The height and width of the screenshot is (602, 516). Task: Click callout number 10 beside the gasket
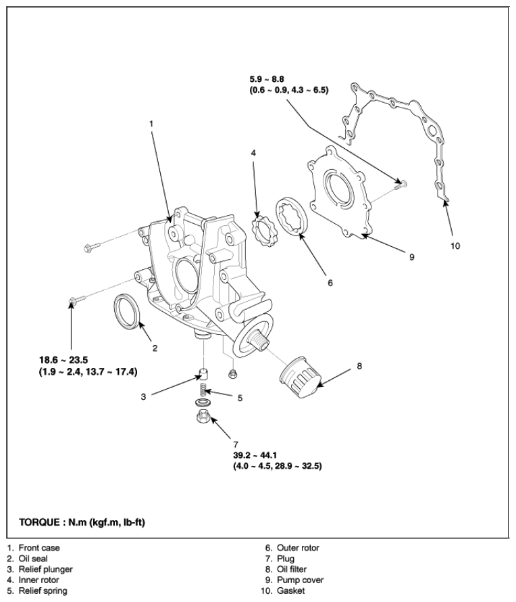[455, 246]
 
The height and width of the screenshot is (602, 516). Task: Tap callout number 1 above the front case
[152, 124]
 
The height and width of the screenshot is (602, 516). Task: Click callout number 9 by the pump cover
[411, 257]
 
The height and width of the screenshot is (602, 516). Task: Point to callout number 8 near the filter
[359, 366]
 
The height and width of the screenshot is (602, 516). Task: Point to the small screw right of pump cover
[401, 183]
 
